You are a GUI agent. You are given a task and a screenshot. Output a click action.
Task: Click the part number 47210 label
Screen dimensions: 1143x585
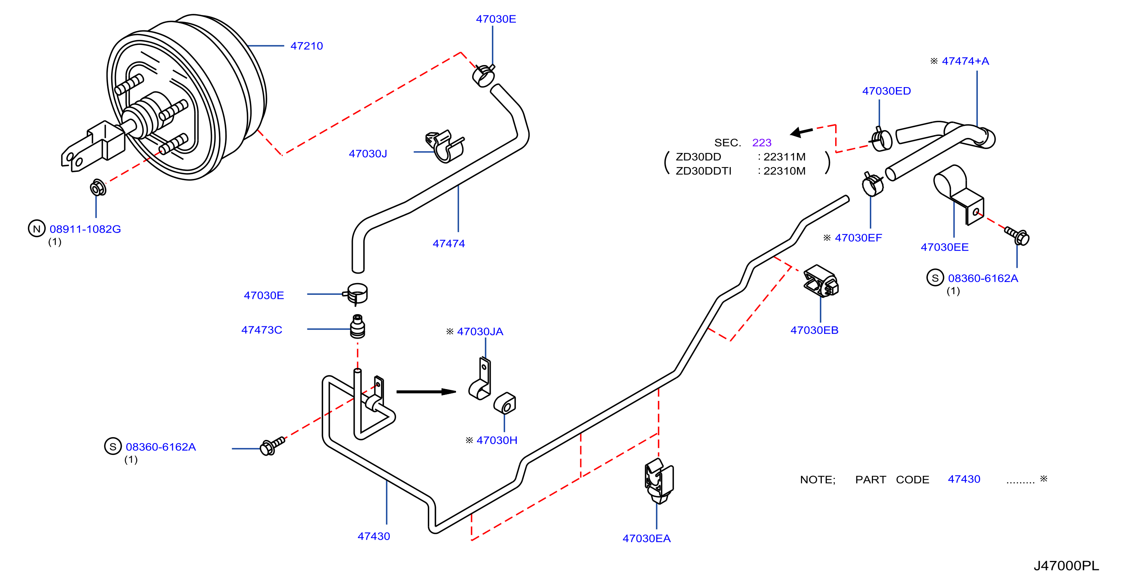pos(307,46)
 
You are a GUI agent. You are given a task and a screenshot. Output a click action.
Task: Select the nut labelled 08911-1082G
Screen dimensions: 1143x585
pos(98,188)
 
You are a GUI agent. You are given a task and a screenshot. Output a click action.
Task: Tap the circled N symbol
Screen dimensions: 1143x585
pos(37,229)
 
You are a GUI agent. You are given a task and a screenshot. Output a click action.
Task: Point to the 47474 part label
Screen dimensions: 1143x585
pos(449,243)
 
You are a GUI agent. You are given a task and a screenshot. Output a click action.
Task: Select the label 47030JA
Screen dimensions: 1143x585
pos(480,332)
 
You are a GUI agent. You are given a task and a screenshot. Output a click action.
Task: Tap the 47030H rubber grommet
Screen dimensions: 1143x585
pos(505,403)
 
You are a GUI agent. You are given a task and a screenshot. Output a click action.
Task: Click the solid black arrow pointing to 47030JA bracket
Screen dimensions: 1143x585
pos(426,391)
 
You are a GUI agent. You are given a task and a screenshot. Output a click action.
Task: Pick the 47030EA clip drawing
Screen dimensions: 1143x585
pos(659,481)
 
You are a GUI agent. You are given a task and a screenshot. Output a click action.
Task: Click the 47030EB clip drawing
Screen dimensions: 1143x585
pos(821,281)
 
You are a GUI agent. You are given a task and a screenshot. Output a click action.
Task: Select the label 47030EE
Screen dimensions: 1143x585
pos(945,247)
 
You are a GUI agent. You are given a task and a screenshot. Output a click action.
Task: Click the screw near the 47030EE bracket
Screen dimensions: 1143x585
pos(1017,236)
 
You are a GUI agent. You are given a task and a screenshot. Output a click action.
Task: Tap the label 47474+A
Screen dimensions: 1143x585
pos(966,61)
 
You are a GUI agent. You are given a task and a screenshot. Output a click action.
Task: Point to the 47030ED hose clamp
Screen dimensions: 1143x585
pos(881,139)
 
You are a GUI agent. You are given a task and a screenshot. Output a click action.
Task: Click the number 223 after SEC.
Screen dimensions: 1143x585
pos(762,142)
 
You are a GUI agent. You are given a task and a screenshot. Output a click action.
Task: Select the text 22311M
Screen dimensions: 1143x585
pos(784,156)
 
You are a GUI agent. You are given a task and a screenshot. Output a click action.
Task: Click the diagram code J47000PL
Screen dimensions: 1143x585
pos(1066,565)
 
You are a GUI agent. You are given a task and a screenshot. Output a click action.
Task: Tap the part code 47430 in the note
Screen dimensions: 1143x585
pos(964,479)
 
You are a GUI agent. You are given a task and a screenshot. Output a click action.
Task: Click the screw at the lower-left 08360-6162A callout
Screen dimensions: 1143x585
pos(272,445)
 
